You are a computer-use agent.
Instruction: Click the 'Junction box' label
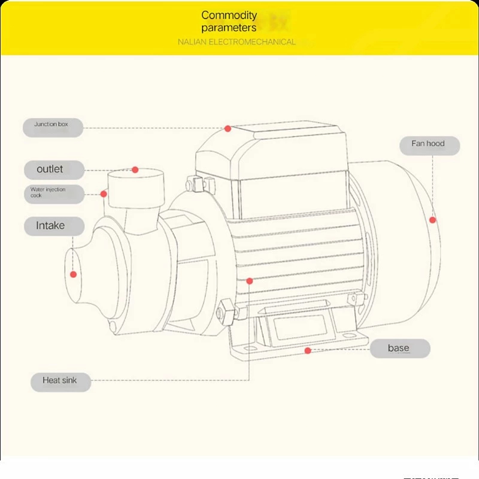[x=51, y=125]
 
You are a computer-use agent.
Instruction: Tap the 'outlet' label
[x=50, y=169]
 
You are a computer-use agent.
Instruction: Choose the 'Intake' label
[x=50, y=226]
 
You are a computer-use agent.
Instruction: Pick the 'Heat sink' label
[x=60, y=380]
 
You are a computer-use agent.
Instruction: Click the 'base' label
[x=399, y=348]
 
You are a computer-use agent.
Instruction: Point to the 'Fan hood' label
[x=428, y=144]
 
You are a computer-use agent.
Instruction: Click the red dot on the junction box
[x=228, y=128]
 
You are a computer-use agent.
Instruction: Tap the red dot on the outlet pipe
[x=135, y=170]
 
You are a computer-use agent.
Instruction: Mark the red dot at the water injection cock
[x=104, y=193]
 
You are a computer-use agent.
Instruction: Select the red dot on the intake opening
[x=74, y=275]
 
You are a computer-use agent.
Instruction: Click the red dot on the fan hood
[x=432, y=220]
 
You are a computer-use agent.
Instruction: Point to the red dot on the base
[x=308, y=350]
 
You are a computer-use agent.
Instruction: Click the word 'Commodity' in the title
[x=229, y=15]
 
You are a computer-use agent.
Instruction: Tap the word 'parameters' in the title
[x=229, y=28]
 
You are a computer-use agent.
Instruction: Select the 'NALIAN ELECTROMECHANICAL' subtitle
[x=237, y=42]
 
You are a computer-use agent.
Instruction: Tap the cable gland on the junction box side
[x=193, y=182]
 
